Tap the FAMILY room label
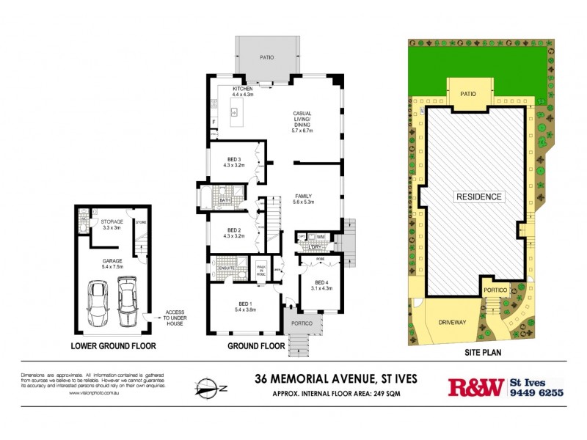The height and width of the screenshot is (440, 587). (304, 197)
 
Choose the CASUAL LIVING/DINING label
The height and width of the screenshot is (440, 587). (302, 120)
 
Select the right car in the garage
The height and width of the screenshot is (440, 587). (127, 300)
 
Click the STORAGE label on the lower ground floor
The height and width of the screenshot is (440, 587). (112, 221)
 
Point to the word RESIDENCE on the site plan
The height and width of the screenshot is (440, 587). (478, 197)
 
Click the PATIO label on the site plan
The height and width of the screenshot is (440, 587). (468, 94)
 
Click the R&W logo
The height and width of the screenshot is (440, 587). (475, 387)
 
